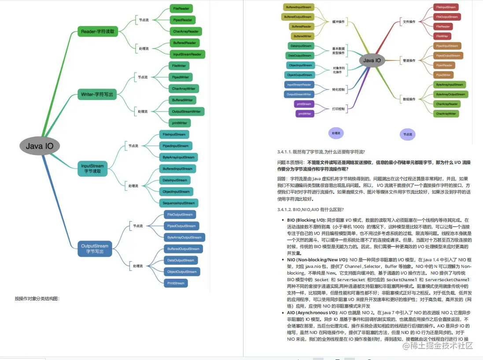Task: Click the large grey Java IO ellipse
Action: (x=40, y=146)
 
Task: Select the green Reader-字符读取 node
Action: (x=97, y=31)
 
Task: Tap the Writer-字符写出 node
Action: (x=97, y=94)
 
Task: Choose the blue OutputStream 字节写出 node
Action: (x=94, y=249)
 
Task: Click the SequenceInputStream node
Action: (x=178, y=203)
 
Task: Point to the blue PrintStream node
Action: (x=176, y=283)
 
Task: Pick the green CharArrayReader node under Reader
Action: (x=186, y=31)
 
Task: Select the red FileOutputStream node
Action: (x=447, y=17)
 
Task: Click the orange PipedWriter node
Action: (x=444, y=75)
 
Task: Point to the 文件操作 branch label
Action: (x=409, y=22)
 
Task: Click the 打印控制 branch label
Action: (x=338, y=108)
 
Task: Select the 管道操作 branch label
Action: (x=409, y=60)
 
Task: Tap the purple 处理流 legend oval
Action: (x=336, y=133)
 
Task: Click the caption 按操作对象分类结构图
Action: (x=37, y=298)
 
